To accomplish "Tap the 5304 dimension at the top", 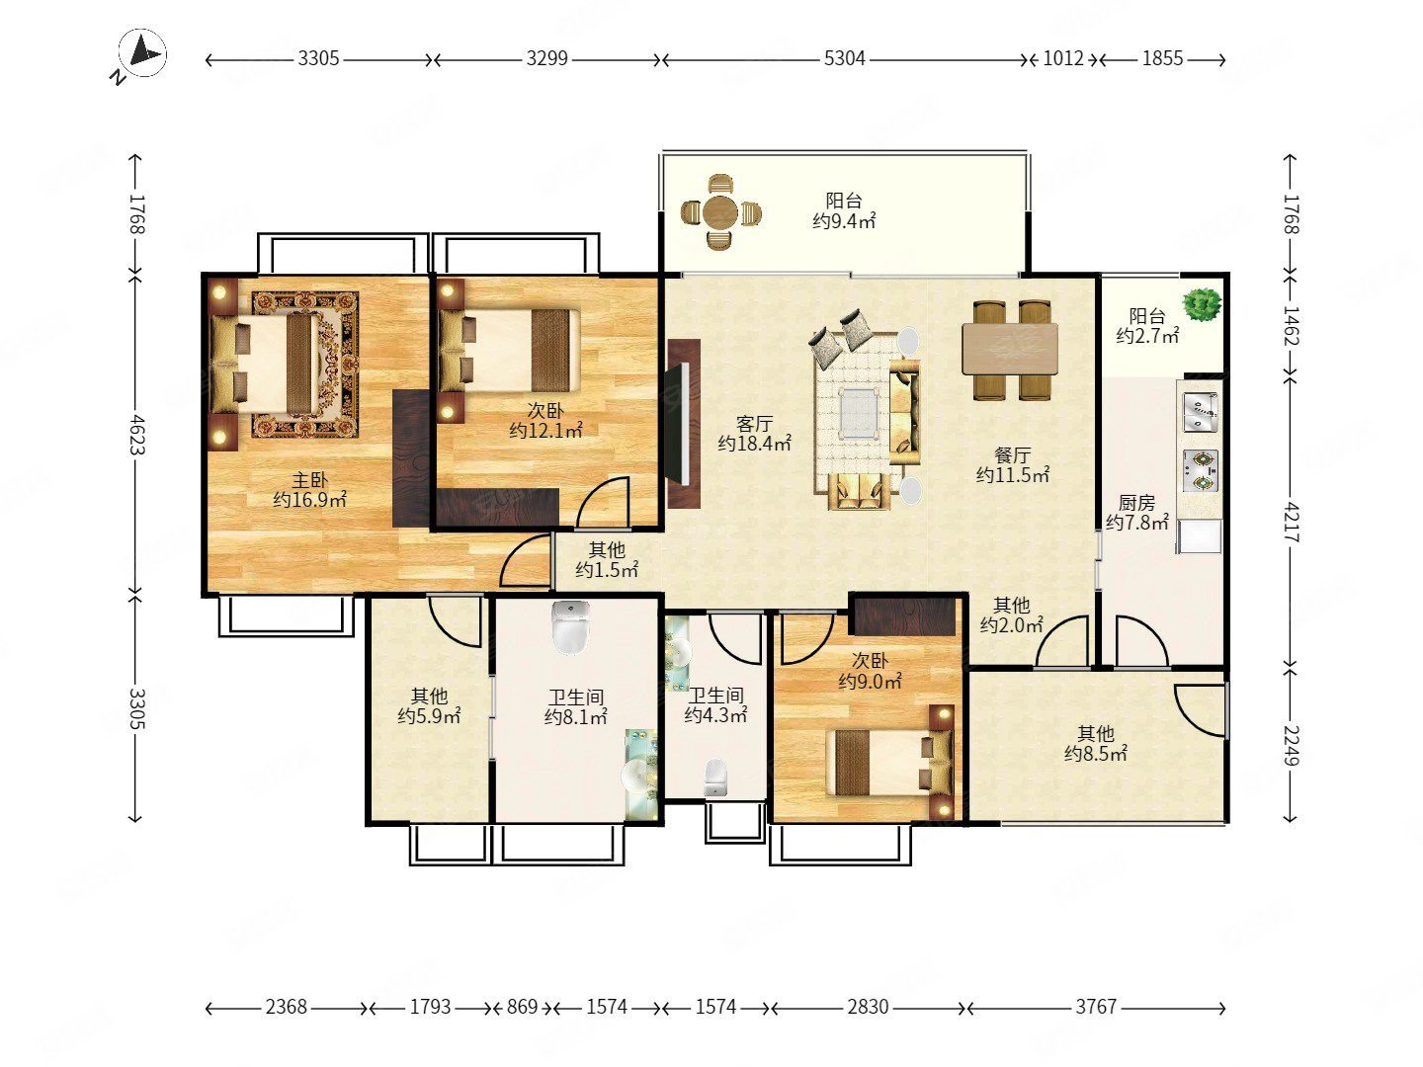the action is coord(844,59).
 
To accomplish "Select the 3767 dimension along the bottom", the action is coord(1096,1006).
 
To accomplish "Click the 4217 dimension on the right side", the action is coord(1291,522).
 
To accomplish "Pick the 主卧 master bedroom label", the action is coord(309,480).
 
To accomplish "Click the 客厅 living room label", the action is coord(754,424).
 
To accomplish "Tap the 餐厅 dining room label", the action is coord(1012,454).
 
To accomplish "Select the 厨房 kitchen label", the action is coord(1136,502).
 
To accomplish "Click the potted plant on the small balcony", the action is coord(1202,304).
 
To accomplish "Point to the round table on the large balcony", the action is coord(719,211).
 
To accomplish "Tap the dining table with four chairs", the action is coord(1010,350).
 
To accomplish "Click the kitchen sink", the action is coord(1201,412).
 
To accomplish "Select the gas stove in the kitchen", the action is coord(1201,471).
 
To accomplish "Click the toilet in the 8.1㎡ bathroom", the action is coord(570,626).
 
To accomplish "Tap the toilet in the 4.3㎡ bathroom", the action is coord(715,778).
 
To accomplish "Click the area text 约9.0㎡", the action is coord(870,681).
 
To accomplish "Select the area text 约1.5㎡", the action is coord(607,569).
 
